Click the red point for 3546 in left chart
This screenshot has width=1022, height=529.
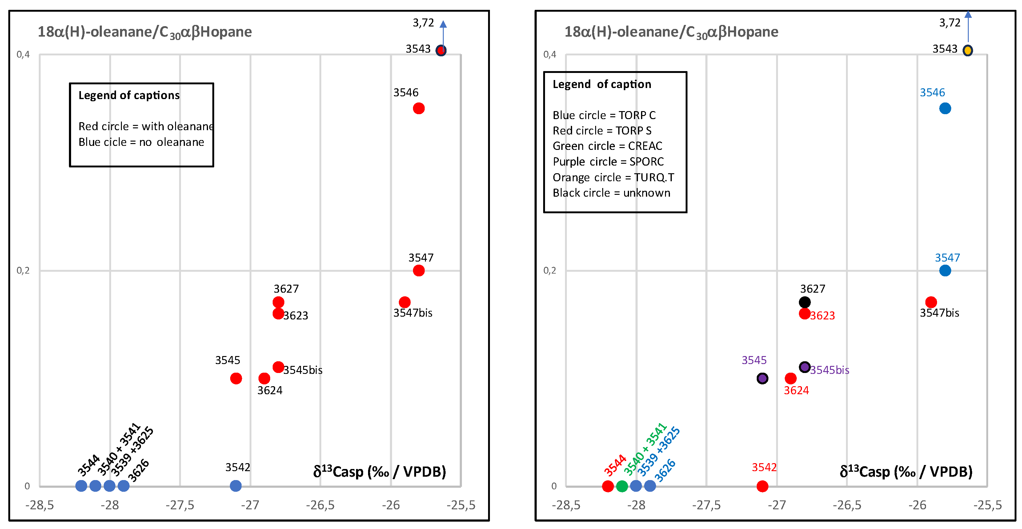point(419,108)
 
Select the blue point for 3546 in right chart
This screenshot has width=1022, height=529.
point(945,108)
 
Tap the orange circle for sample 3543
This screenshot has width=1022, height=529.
point(968,50)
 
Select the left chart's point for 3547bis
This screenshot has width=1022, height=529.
point(405,303)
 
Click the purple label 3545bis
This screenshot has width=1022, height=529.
point(830,370)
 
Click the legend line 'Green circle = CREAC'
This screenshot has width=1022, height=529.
point(607,146)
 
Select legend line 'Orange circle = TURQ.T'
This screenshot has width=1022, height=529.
point(613,177)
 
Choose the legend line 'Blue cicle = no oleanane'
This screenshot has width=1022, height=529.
point(141,142)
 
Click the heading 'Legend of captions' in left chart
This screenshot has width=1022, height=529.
point(129,95)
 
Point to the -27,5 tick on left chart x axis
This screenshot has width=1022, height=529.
point(180,505)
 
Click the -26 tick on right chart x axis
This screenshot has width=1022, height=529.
point(917,505)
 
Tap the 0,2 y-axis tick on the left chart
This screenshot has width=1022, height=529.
point(23,271)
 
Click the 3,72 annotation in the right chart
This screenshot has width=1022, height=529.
point(950,23)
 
